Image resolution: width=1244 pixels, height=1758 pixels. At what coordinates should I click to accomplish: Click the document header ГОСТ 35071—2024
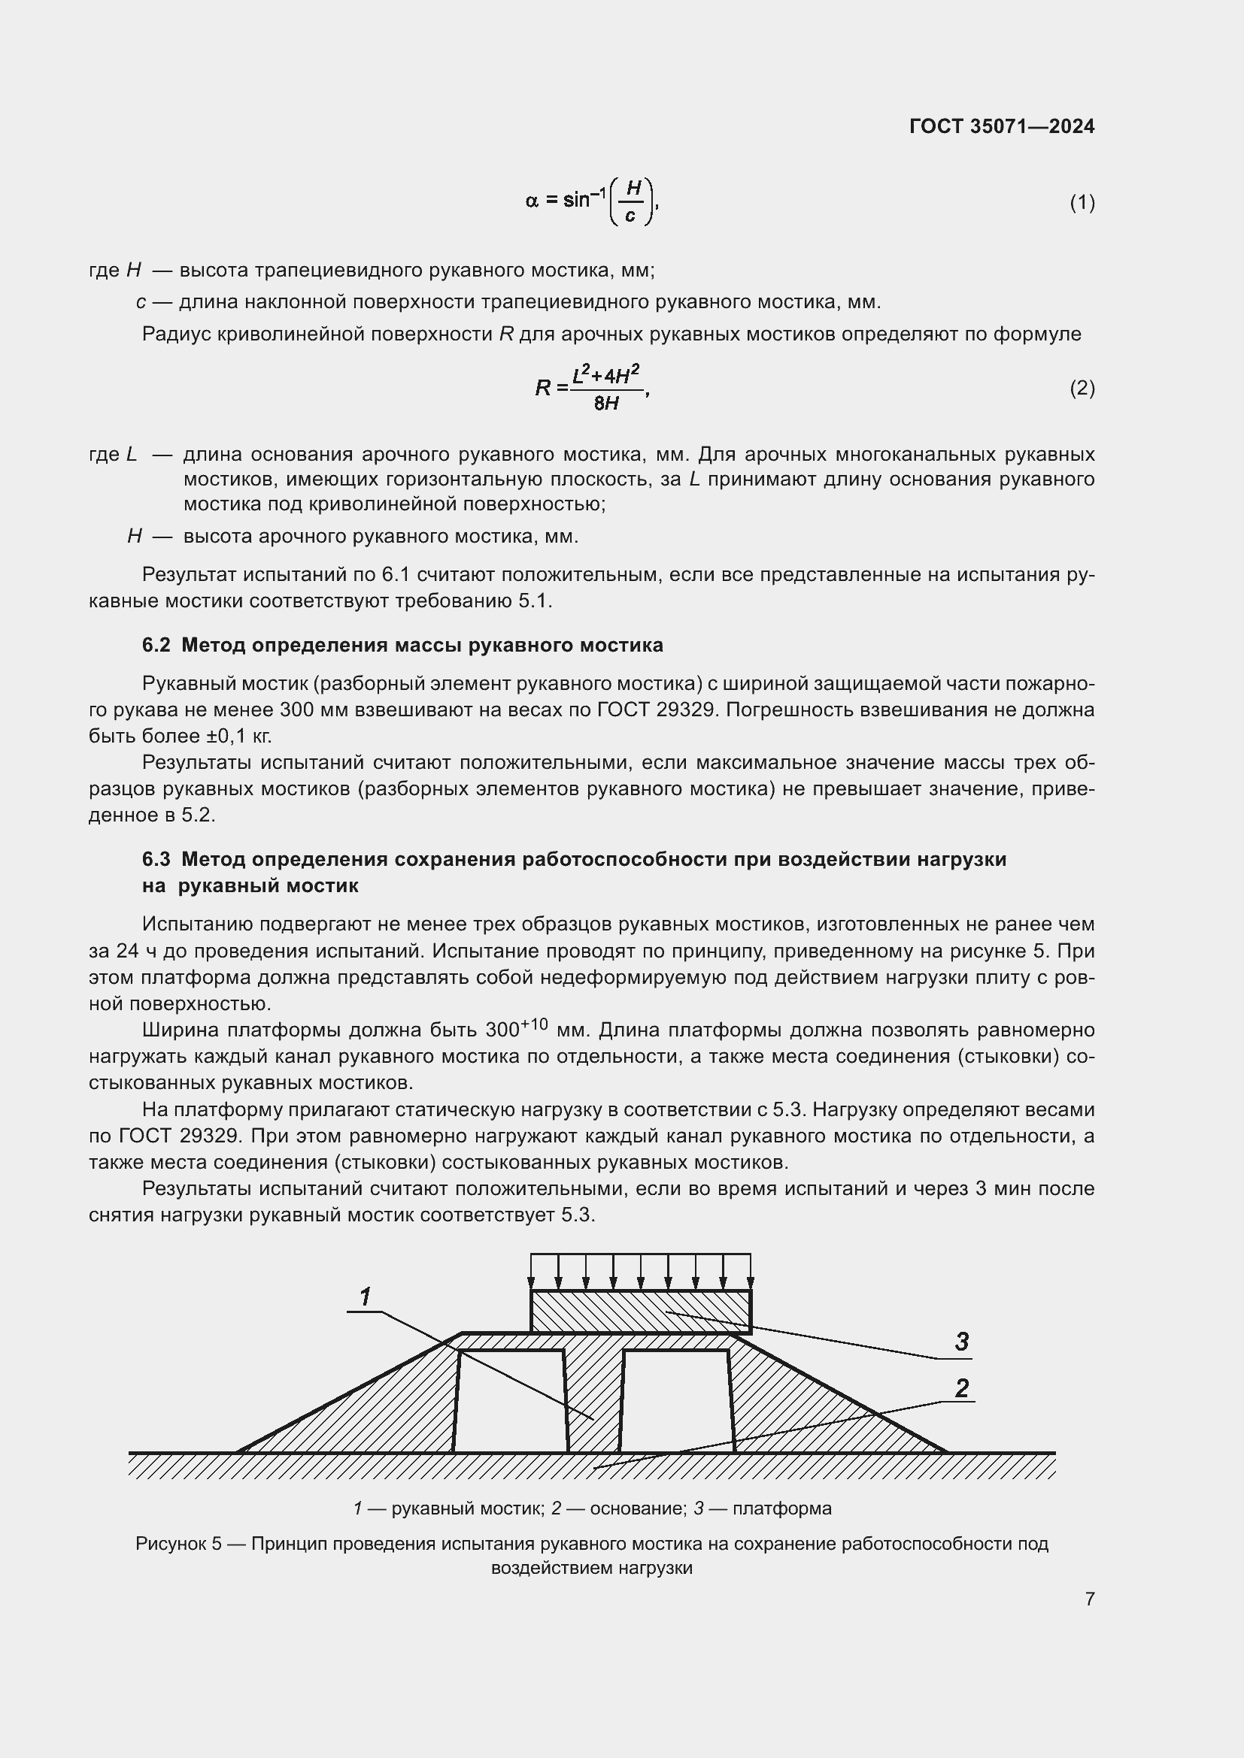click(1001, 126)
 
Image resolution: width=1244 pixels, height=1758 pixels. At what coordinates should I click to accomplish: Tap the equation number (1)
click(1082, 202)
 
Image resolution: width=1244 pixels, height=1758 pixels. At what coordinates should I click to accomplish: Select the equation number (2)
click(1082, 388)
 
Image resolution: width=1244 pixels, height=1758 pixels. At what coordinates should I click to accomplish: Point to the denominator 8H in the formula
click(606, 403)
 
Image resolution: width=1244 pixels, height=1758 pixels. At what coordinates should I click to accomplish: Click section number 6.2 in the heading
click(156, 646)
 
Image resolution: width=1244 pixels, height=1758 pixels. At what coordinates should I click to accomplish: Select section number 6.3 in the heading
click(156, 859)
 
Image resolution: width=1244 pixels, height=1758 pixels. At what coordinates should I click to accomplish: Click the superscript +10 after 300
click(534, 1024)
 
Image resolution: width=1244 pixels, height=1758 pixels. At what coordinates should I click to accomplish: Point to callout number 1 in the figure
click(366, 1297)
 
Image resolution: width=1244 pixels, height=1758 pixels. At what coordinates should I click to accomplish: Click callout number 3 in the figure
click(962, 1342)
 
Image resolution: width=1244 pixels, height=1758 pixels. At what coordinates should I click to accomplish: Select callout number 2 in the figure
click(962, 1388)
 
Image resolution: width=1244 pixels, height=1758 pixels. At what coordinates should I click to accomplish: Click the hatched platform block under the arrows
click(640, 1312)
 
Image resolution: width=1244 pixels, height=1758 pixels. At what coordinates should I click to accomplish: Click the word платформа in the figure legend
click(781, 1509)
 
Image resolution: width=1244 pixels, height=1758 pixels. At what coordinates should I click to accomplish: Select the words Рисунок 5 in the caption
click(177, 1544)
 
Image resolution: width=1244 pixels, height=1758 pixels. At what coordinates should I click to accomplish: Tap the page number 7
click(1089, 1599)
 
